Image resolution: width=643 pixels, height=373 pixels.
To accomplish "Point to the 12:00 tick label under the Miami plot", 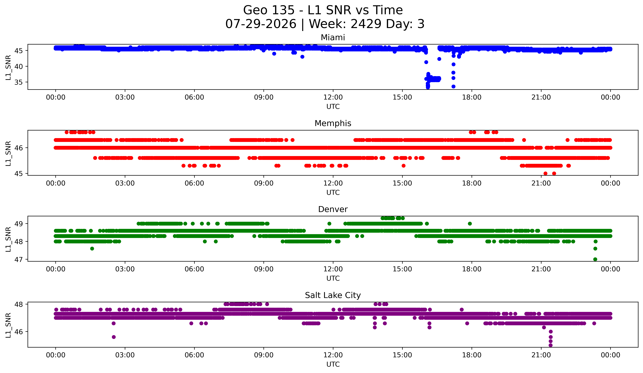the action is pyautogui.click(x=333, y=97).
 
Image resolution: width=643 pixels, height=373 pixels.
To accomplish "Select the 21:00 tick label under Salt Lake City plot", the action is pyautogui.click(x=541, y=355).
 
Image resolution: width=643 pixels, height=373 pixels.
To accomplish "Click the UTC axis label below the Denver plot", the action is pyautogui.click(x=333, y=278).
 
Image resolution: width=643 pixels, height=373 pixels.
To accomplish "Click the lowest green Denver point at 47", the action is pyautogui.click(x=595, y=259).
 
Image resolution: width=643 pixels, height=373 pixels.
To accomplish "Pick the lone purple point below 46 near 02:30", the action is pyautogui.click(x=114, y=337).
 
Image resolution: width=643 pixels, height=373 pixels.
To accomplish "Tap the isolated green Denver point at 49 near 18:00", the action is pyautogui.click(x=470, y=224).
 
